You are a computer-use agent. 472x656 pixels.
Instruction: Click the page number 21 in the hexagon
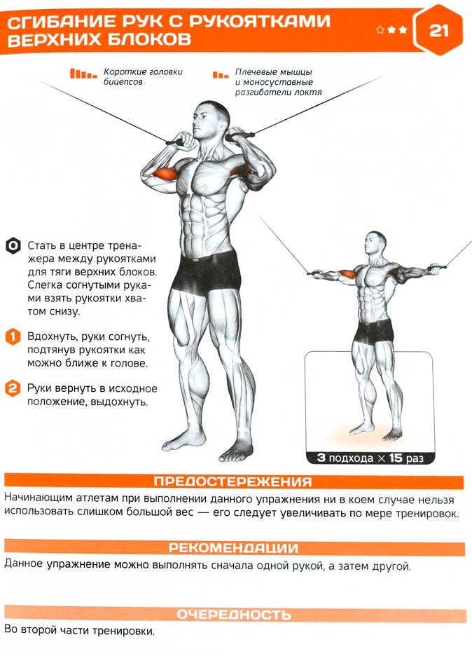click(438, 31)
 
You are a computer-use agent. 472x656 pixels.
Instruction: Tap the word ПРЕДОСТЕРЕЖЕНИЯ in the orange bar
click(233, 481)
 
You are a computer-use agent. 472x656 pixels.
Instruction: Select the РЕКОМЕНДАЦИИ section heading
click(233, 547)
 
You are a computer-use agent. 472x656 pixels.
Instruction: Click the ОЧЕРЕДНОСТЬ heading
click(234, 614)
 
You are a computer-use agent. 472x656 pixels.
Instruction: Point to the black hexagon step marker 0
click(13, 246)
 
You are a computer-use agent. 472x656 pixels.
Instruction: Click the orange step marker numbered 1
click(13, 337)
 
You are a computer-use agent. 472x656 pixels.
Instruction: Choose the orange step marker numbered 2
click(13, 389)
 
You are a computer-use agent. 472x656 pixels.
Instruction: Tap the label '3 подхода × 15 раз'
click(370, 458)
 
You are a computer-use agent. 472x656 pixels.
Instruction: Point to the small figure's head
click(375, 242)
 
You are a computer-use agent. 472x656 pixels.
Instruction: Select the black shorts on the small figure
click(374, 330)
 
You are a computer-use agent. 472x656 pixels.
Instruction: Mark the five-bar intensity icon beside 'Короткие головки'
click(83, 74)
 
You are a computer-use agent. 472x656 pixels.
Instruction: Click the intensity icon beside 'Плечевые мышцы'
click(221, 75)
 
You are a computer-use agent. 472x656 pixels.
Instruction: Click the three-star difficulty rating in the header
click(391, 29)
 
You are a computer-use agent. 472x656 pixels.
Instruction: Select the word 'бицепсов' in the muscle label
click(123, 82)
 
